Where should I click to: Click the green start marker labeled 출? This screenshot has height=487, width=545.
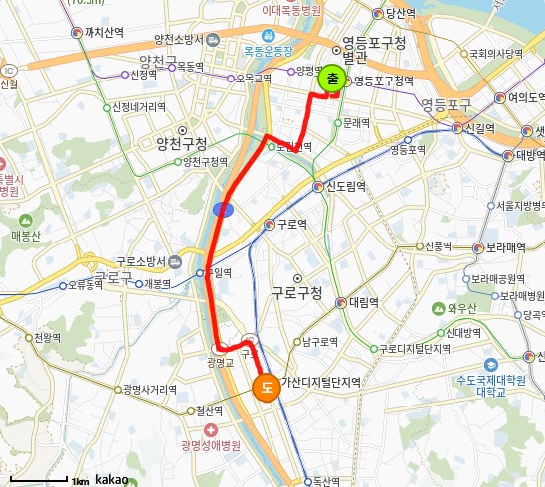click(x=332, y=81)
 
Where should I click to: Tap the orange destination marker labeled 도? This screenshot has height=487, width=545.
click(x=267, y=387)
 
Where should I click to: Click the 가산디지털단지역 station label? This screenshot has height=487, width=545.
click(x=320, y=382)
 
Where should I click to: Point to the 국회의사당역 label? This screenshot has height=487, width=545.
click(x=495, y=54)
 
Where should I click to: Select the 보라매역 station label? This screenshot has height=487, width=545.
click(x=504, y=247)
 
